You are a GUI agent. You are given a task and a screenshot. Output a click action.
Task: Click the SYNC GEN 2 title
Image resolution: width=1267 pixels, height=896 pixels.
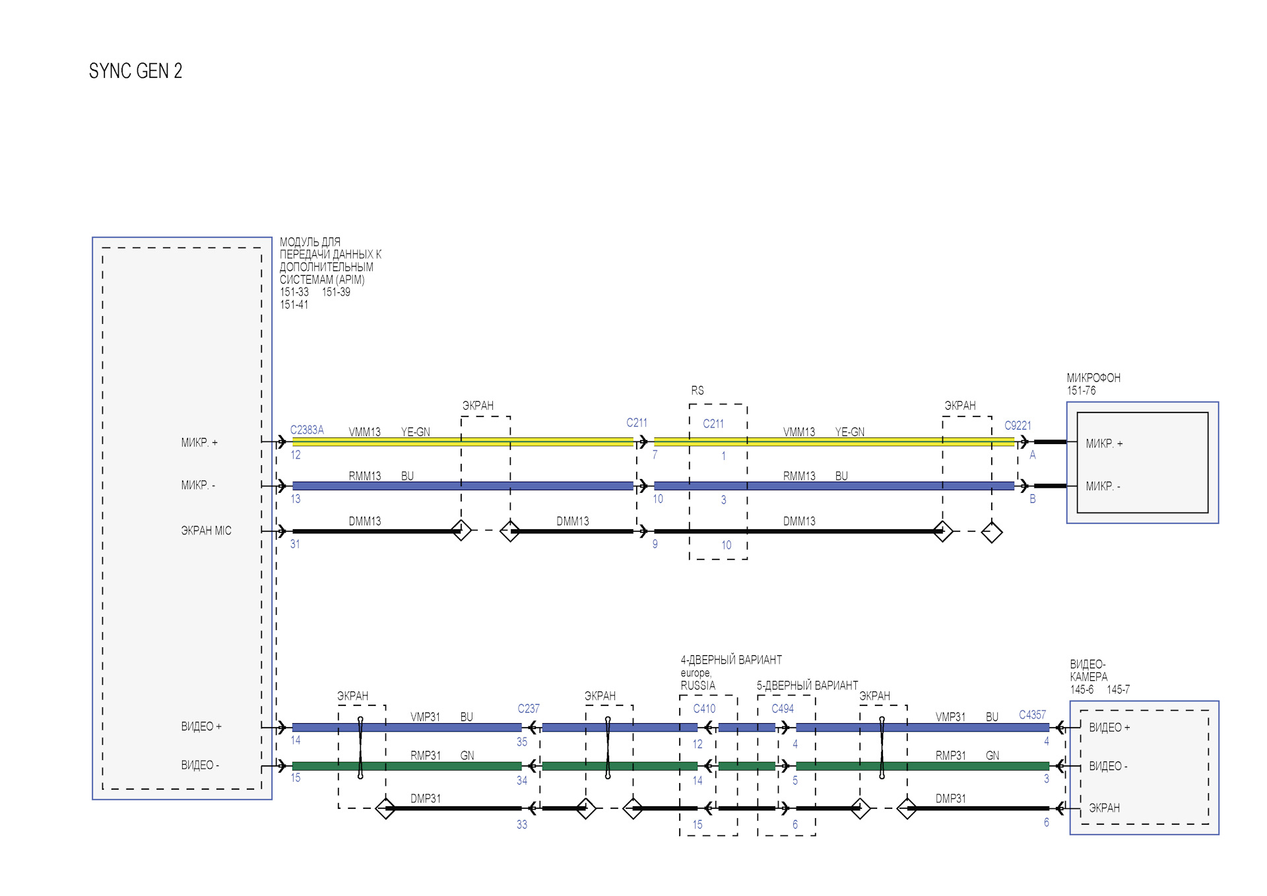135,71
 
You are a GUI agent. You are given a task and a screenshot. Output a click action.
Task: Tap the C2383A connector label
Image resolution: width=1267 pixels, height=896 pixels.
307,430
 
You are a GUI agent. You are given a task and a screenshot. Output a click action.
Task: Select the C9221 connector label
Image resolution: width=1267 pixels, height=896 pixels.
1018,426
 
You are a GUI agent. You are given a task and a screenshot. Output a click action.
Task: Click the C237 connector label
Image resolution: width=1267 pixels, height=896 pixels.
529,709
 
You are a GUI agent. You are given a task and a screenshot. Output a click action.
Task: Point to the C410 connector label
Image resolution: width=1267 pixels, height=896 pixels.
704,709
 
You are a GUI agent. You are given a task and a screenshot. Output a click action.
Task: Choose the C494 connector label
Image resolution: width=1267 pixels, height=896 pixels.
783,709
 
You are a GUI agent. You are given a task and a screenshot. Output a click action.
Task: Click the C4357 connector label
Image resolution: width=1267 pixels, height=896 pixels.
1032,715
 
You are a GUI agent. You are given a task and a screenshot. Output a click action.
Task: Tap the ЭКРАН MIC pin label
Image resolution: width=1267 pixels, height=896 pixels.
206,530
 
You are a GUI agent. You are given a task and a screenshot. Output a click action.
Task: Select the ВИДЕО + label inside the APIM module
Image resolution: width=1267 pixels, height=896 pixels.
201,726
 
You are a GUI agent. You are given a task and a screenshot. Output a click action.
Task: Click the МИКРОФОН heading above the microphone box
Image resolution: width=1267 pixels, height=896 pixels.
1093,378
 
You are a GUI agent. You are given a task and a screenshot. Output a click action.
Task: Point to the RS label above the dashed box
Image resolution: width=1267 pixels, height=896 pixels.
698,391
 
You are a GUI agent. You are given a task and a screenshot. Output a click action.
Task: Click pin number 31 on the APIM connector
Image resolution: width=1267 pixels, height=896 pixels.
295,544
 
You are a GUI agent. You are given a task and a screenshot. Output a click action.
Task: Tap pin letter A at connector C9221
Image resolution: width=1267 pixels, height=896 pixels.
1033,455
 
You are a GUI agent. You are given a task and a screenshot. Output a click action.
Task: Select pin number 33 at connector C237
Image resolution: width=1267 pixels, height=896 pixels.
522,825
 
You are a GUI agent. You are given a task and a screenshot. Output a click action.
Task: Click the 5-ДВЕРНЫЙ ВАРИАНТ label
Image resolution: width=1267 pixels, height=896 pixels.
807,686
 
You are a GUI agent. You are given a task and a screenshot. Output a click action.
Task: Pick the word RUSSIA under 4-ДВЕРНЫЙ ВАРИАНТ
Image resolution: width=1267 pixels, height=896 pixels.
698,686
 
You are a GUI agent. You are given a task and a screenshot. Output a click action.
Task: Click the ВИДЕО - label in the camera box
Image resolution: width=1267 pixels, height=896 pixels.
1108,766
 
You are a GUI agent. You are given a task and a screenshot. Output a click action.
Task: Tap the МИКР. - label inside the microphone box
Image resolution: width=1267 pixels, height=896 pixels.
1103,486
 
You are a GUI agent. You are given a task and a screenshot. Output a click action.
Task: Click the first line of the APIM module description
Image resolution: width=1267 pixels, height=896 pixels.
310,242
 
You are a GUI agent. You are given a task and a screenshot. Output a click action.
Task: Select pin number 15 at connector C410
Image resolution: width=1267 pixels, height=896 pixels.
698,825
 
